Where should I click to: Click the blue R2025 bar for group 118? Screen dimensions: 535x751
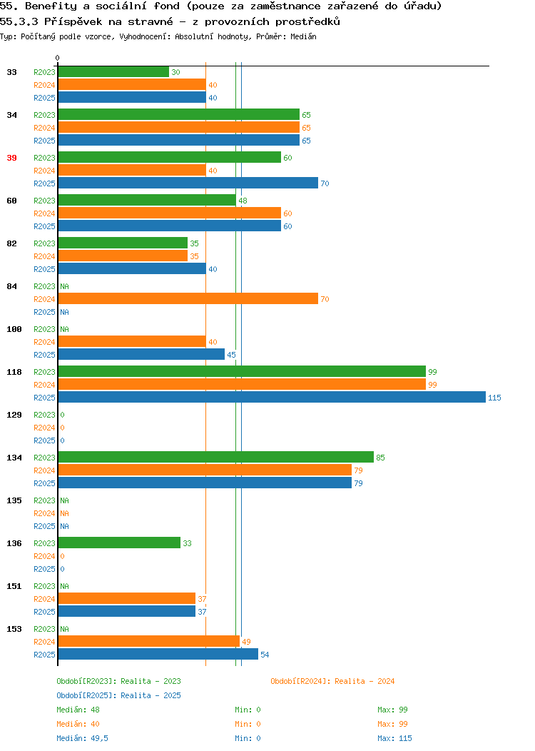click(x=272, y=397)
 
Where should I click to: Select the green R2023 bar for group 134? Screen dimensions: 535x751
click(x=216, y=457)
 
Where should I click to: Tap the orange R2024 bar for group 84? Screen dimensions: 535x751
click(x=188, y=298)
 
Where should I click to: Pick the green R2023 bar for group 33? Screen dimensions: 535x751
click(x=114, y=71)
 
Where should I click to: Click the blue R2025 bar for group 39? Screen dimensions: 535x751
click(x=188, y=183)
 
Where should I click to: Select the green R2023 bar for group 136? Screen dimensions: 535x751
click(x=119, y=543)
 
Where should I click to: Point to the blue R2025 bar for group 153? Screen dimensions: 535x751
click(x=158, y=654)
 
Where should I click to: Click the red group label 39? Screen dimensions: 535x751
click(x=11, y=158)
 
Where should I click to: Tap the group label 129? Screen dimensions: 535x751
click(x=14, y=415)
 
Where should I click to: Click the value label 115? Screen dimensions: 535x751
click(x=494, y=398)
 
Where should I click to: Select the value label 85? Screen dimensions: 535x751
click(x=380, y=458)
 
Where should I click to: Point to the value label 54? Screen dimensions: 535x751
click(x=265, y=655)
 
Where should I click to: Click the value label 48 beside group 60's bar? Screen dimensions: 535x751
click(x=243, y=201)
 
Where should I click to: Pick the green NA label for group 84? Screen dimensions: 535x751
click(x=65, y=286)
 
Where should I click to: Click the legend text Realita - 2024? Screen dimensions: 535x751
click(x=365, y=681)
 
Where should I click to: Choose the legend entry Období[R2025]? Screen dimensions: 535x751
click(x=86, y=695)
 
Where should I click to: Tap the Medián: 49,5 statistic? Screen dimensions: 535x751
click(x=82, y=738)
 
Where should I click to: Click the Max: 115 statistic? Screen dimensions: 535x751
click(x=394, y=738)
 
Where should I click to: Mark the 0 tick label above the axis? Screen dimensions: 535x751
click(x=58, y=58)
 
